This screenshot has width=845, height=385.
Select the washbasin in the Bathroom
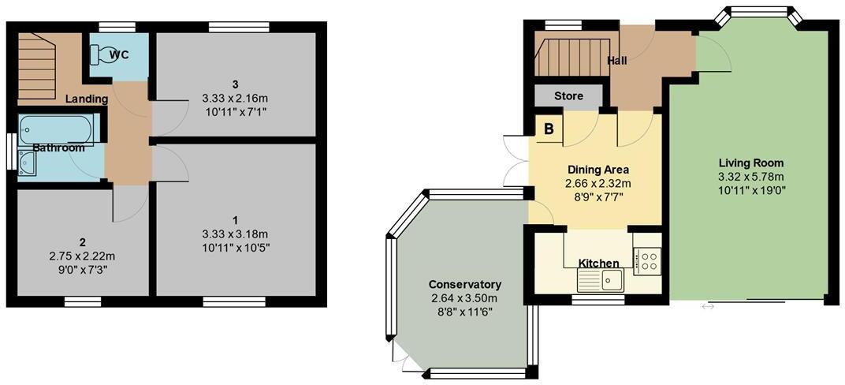point(27,163)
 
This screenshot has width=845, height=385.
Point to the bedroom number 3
point(235,84)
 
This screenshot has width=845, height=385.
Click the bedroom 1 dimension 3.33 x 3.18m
point(234,234)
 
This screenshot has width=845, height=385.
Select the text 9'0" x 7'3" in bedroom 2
point(78,270)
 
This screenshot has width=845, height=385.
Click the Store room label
point(568,96)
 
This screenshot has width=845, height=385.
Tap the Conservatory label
point(465,284)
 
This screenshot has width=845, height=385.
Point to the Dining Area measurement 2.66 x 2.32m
point(598,183)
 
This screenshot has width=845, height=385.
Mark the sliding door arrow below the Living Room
point(708,306)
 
